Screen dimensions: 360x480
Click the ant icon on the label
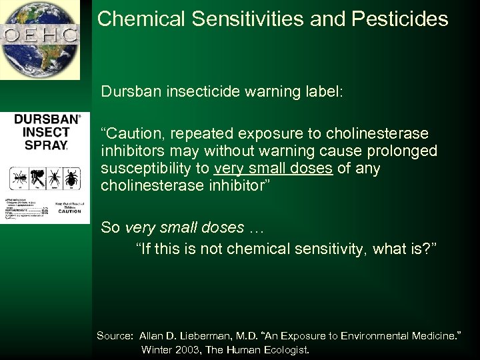[20, 177]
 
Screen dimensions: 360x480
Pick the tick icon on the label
[71, 177]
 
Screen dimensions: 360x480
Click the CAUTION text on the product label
[69, 211]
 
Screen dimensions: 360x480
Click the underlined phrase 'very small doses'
[273, 169]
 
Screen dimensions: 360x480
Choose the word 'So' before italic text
[111, 227]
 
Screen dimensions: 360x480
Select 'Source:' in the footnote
[115, 335]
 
